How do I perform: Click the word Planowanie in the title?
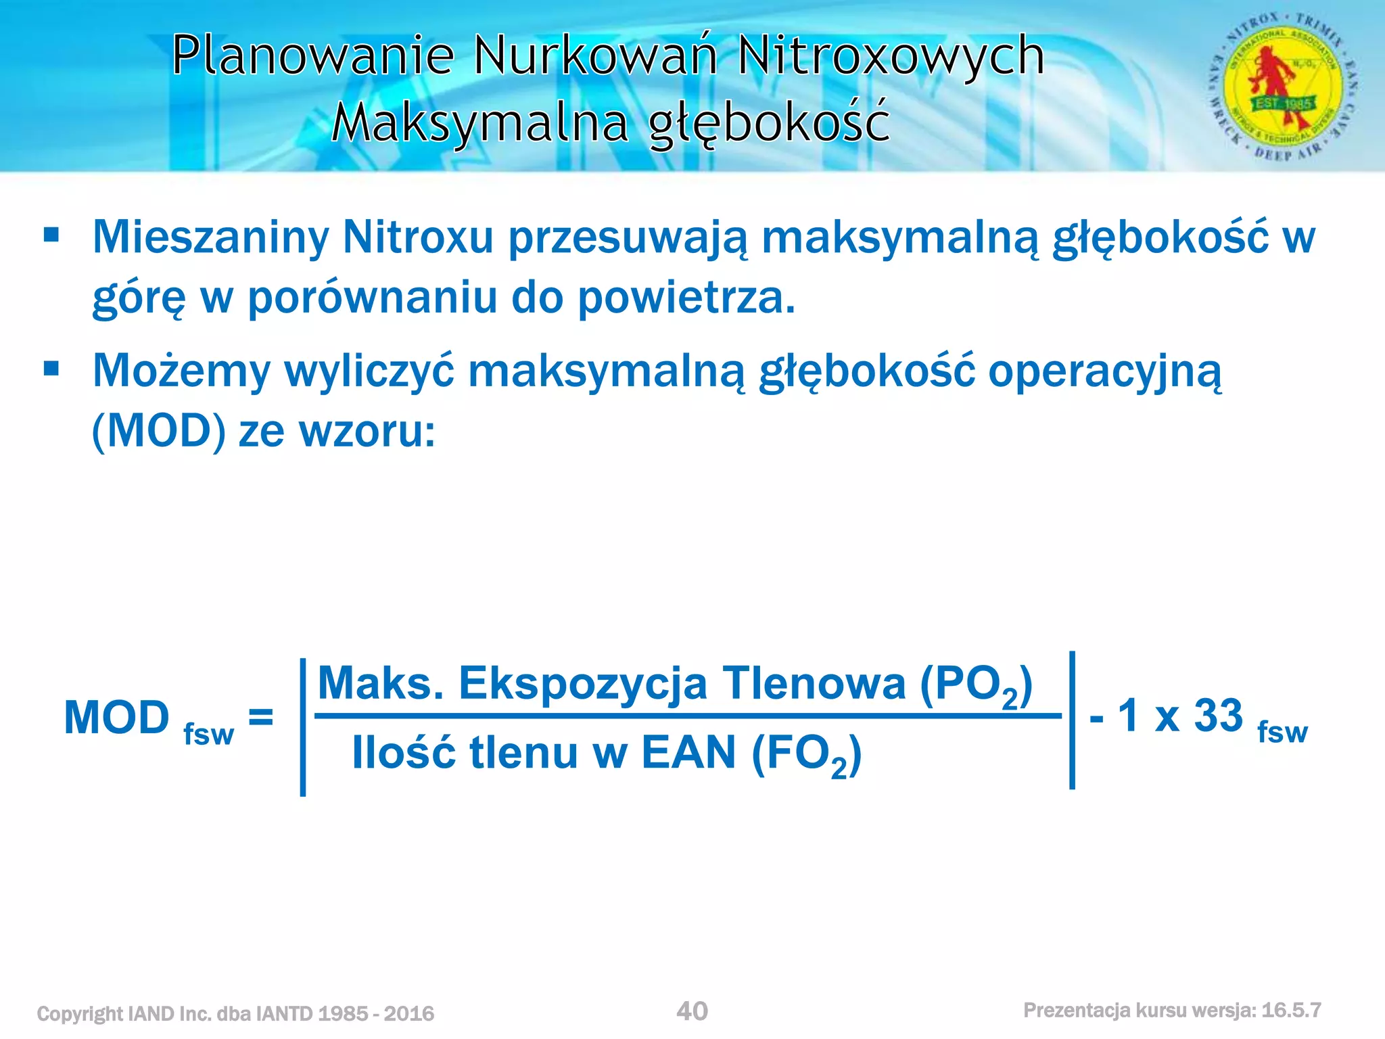click(x=312, y=55)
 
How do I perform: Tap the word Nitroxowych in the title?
click(x=891, y=55)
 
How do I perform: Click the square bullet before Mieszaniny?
click(x=51, y=236)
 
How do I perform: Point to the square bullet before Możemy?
click(x=51, y=369)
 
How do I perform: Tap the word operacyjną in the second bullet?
click(x=1105, y=372)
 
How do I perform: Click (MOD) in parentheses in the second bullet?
click(x=159, y=431)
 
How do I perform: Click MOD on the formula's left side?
click(x=116, y=718)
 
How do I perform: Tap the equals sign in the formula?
click(x=261, y=716)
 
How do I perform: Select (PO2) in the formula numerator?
click(x=976, y=685)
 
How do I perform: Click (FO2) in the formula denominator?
click(x=806, y=754)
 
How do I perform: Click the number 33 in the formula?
click(x=1219, y=716)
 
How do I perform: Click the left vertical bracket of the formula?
click(x=303, y=727)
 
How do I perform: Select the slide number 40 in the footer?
click(x=692, y=1011)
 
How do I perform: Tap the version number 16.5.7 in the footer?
click(x=1291, y=1010)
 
